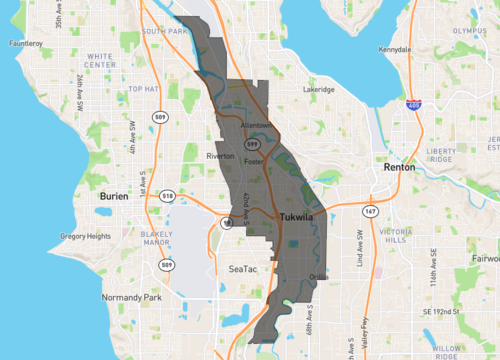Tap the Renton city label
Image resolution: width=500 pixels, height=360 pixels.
pos(399,168)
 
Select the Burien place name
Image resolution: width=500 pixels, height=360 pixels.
pos(114,197)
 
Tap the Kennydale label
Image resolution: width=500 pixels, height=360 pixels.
pos(395,49)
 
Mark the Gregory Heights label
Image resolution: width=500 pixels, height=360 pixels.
pos(85,236)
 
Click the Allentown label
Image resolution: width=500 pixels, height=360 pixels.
pos(258,125)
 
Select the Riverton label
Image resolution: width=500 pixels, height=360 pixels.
pos(220,156)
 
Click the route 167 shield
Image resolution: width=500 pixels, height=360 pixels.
pos(370,212)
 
